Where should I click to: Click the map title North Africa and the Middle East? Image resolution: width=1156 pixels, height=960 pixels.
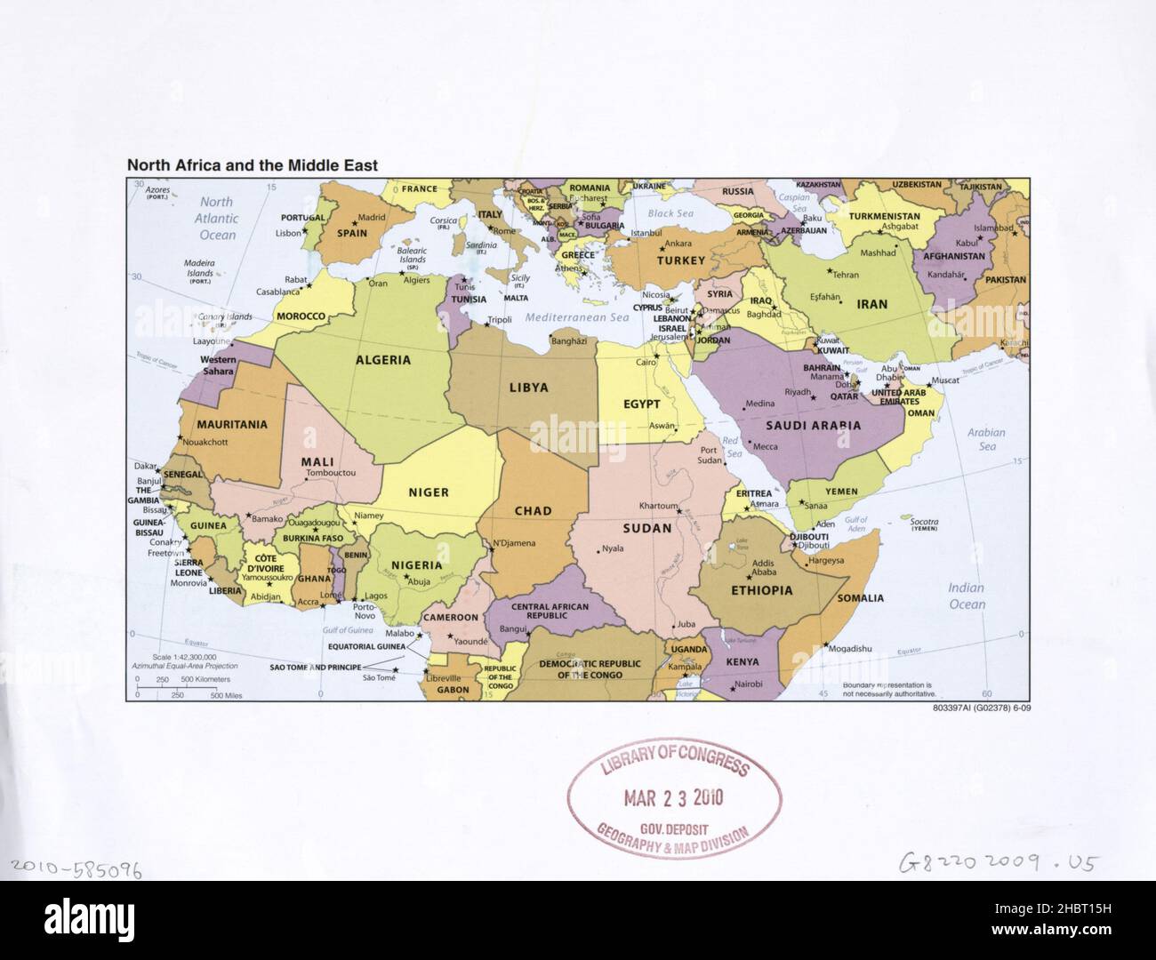(253, 165)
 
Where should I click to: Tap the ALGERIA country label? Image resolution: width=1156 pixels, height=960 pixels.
(383, 360)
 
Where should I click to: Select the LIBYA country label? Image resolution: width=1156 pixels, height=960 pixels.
(528, 388)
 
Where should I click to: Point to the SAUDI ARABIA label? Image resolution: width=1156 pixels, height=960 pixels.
(813, 425)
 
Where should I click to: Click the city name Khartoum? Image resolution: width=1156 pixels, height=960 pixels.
(660, 505)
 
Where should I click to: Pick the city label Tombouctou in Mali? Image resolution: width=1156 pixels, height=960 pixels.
(330, 473)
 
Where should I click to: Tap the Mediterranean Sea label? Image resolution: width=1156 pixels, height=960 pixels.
(576, 317)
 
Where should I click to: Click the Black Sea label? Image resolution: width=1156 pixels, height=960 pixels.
(670, 213)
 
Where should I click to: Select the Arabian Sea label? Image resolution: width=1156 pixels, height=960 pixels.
(986, 439)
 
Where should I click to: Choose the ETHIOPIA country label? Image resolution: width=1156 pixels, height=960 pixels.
(761, 590)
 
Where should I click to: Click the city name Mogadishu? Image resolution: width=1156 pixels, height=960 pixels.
(849, 648)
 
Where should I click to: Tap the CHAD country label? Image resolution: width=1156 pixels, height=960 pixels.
(533, 511)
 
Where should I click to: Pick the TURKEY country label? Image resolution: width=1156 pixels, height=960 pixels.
(680, 260)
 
